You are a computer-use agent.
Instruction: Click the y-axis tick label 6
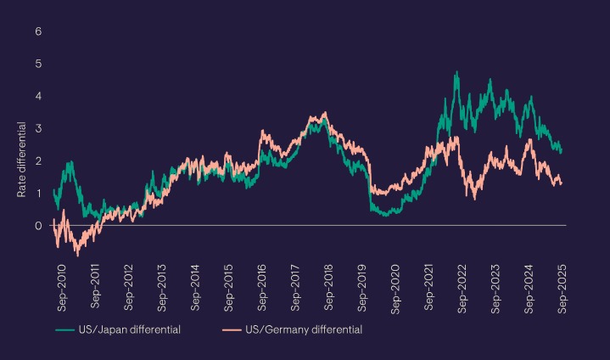pyautogui.click(x=38, y=31)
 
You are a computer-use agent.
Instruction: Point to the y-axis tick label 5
pyautogui.click(x=38, y=64)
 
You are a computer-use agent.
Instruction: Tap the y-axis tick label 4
pyautogui.click(x=38, y=96)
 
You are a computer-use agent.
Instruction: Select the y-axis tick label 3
pyautogui.click(x=38, y=128)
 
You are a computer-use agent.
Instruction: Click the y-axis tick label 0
pyautogui.click(x=38, y=225)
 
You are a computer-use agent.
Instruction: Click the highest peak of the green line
pyautogui.click(x=457, y=73)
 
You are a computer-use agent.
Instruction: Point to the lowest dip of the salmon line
pyautogui.click(x=77, y=254)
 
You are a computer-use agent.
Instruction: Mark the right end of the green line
pyautogui.click(x=562, y=150)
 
